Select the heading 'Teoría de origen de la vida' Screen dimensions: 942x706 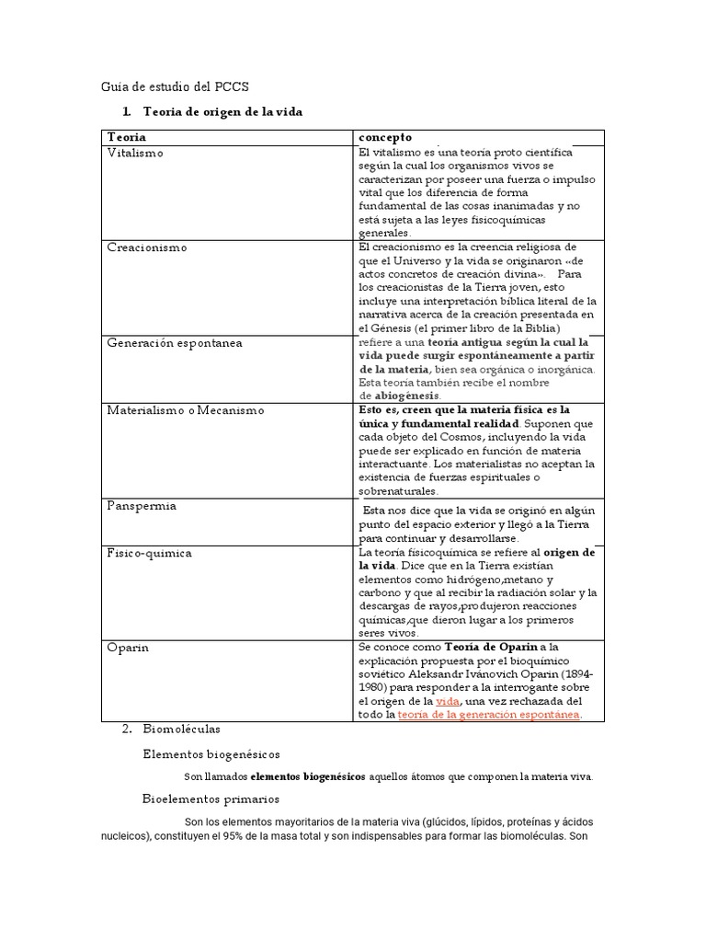[x=222, y=112]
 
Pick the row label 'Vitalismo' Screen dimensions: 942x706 [x=135, y=153]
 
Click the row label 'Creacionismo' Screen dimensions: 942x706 [x=147, y=248]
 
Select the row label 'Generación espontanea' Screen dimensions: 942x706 [x=175, y=342]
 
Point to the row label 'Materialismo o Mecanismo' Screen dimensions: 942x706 [x=186, y=410]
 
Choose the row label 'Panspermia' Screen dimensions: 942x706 [x=142, y=506]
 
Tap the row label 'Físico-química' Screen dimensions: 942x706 [x=150, y=553]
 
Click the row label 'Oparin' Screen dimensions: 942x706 [x=128, y=648]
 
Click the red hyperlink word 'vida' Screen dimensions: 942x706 [x=448, y=701]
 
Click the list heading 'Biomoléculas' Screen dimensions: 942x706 [x=182, y=729]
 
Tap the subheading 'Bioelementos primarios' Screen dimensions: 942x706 [x=211, y=798]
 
